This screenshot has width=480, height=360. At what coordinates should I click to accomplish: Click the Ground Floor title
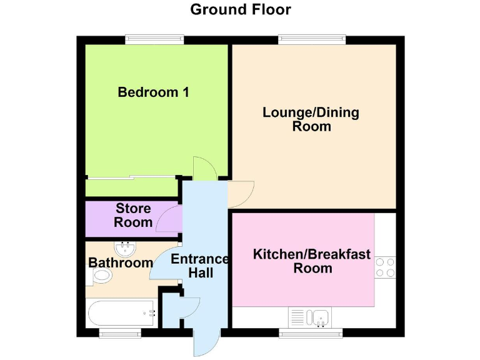pos(240,10)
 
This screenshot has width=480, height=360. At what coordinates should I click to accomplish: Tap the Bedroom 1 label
pos(153,92)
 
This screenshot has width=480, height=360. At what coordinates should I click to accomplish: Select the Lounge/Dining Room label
pos(311,119)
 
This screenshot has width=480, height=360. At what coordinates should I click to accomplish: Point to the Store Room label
pos(134,215)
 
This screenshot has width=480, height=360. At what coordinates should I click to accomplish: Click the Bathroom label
pos(121,263)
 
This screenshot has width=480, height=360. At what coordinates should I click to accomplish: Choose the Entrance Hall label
pos(201,266)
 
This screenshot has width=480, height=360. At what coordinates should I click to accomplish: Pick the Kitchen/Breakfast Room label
pos(311,261)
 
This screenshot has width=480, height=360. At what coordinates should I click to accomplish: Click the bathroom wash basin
pos(126,249)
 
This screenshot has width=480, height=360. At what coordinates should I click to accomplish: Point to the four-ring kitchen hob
pos(386,267)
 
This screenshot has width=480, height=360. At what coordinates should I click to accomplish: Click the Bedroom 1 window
pos(154,39)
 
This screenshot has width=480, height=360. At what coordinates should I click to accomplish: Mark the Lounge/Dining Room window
pos(312,39)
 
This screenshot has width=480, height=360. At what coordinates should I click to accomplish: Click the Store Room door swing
pos(168,219)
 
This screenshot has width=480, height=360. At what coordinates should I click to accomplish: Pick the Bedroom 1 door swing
pos(204,169)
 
